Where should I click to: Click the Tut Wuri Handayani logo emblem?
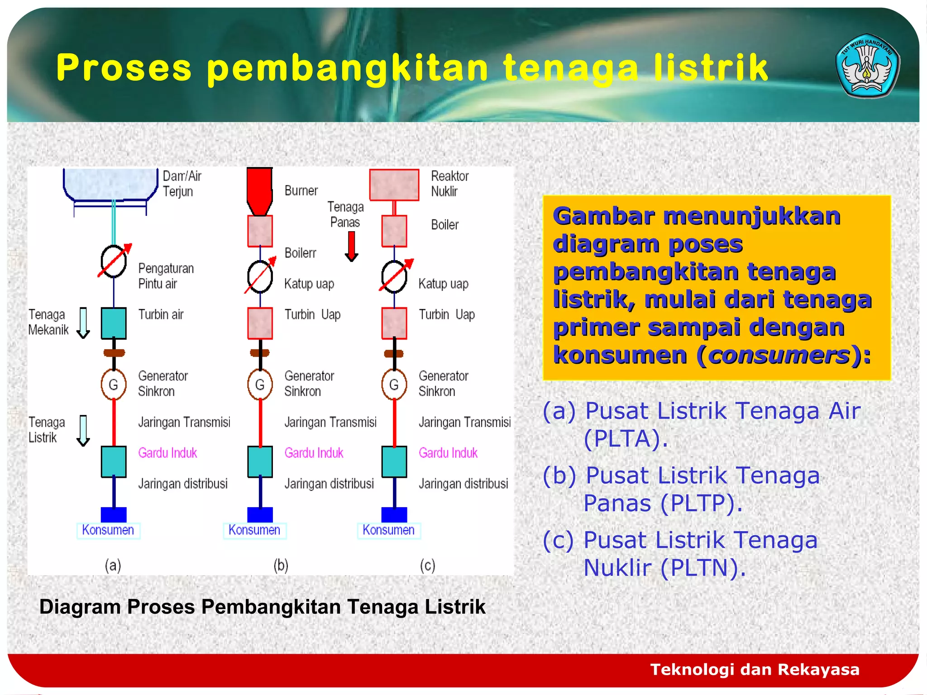tap(867, 66)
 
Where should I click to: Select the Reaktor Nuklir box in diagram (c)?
tap(394, 185)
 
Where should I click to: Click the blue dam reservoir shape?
tap(110, 183)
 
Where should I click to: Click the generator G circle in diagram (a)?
tap(113, 385)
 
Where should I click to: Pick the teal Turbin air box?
tap(113, 323)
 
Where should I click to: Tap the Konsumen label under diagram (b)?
tap(254, 530)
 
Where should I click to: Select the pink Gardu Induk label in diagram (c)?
tap(448, 453)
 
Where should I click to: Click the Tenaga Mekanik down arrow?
tap(83, 323)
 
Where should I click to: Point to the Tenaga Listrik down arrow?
tap(83, 430)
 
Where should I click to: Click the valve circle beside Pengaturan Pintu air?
tap(113, 262)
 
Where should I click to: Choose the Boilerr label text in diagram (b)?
tap(300, 253)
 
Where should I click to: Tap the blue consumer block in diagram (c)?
tap(394, 514)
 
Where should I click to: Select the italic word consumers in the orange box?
tap(779, 355)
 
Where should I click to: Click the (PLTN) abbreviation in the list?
tap(702, 568)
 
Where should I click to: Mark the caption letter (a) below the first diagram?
tap(113, 565)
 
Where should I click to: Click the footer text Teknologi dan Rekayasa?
tap(755, 669)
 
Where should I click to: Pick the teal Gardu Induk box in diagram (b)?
tap(260, 462)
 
